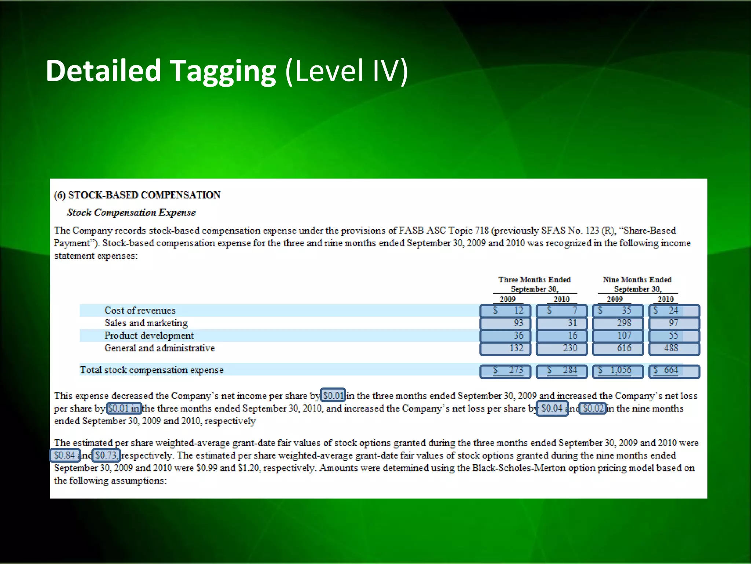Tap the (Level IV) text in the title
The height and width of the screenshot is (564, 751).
coord(347,71)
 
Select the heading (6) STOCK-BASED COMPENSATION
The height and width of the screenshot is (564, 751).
coord(137,195)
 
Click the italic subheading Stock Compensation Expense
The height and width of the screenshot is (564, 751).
coord(131,213)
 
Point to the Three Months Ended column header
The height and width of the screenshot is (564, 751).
coord(534,280)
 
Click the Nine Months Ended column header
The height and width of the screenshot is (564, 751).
coord(637,280)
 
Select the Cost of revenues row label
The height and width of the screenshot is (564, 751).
coord(140,311)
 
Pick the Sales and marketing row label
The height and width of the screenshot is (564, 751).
coord(146,323)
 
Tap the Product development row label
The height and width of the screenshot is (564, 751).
coord(149,336)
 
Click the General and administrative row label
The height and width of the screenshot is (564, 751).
coord(160,348)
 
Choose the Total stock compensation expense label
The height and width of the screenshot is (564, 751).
coord(151,370)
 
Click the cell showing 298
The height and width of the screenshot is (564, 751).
coord(618,323)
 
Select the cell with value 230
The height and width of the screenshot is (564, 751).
coord(562,348)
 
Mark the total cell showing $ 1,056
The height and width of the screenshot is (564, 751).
coord(618,371)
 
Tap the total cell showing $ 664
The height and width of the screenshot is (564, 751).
coord(674,371)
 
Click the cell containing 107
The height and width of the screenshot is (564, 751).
coord(618,336)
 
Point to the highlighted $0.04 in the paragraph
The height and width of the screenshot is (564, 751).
coord(552,408)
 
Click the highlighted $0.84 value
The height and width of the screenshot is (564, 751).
coord(65,456)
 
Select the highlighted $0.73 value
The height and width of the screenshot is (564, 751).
coord(106,456)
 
